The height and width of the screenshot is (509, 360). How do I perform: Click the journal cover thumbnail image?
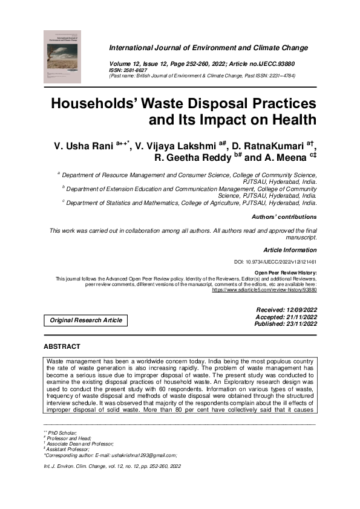62,56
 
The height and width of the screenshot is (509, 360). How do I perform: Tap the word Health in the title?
287,119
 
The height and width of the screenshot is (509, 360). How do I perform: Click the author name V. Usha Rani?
82,147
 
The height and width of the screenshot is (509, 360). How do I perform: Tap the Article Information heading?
289,250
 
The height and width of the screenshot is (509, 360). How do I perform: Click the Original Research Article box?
86,320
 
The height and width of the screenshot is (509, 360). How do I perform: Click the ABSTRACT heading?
62,346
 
